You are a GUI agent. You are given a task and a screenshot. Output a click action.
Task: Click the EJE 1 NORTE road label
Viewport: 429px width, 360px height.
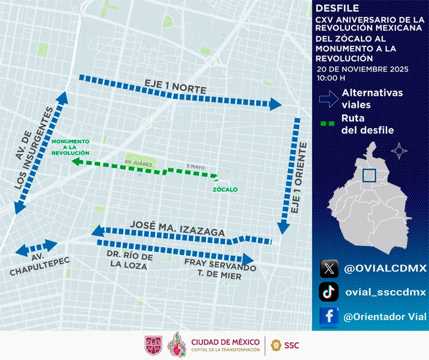click(175, 86)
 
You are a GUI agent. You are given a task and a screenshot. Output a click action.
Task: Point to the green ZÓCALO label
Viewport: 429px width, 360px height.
click(225, 190)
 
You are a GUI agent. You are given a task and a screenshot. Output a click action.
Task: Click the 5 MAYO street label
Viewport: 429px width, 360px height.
click(194, 166)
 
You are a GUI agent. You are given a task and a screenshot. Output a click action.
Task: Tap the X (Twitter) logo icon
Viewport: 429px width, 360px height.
click(329, 268)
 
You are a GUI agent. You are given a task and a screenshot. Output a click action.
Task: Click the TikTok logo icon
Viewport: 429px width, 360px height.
click(329, 291)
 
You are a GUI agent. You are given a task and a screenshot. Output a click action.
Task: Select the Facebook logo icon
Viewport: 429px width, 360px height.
click(329, 315)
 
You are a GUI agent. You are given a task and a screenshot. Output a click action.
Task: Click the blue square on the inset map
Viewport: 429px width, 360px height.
click(369, 175)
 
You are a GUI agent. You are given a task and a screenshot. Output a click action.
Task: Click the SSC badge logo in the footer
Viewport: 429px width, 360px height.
click(277, 345)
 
